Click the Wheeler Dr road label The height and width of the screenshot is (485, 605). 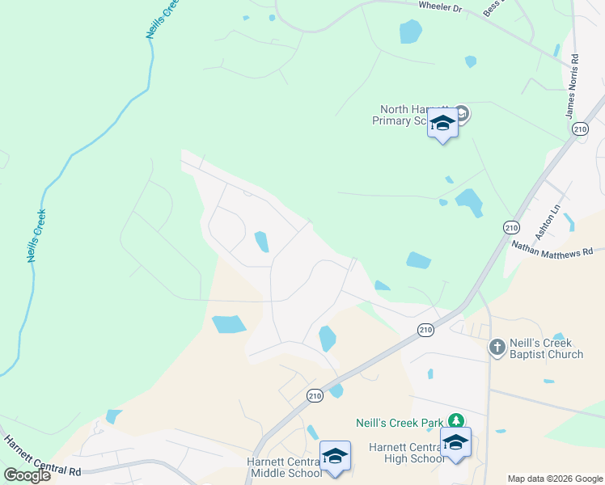pyautogui.click(x=439, y=6)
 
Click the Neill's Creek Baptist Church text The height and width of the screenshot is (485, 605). pyautogui.click(x=546, y=348)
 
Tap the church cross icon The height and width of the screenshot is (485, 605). pyautogui.click(x=497, y=348)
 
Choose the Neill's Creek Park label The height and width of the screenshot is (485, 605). pyautogui.click(x=400, y=422)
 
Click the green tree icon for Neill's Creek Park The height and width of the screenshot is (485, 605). pyautogui.click(x=457, y=421)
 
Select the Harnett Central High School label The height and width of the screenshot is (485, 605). pyautogui.click(x=407, y=453)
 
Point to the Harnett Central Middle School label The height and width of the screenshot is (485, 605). pyautogui.click(x=287, y=467)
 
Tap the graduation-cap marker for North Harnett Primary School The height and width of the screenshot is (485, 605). pyautogui.click(x=442, y=123)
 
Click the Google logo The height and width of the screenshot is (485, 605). pyautogui.click(x=27, y=475)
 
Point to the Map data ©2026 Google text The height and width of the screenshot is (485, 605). pyautogui.click(x=554, y=479)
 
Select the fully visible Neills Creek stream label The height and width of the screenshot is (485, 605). pyautogui.click(x=36, y=236)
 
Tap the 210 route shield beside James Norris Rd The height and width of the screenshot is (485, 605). pyautogui.click(x=579, y=129)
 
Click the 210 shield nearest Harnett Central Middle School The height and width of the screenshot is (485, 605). pyautogui.click(x=315, y=395)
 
